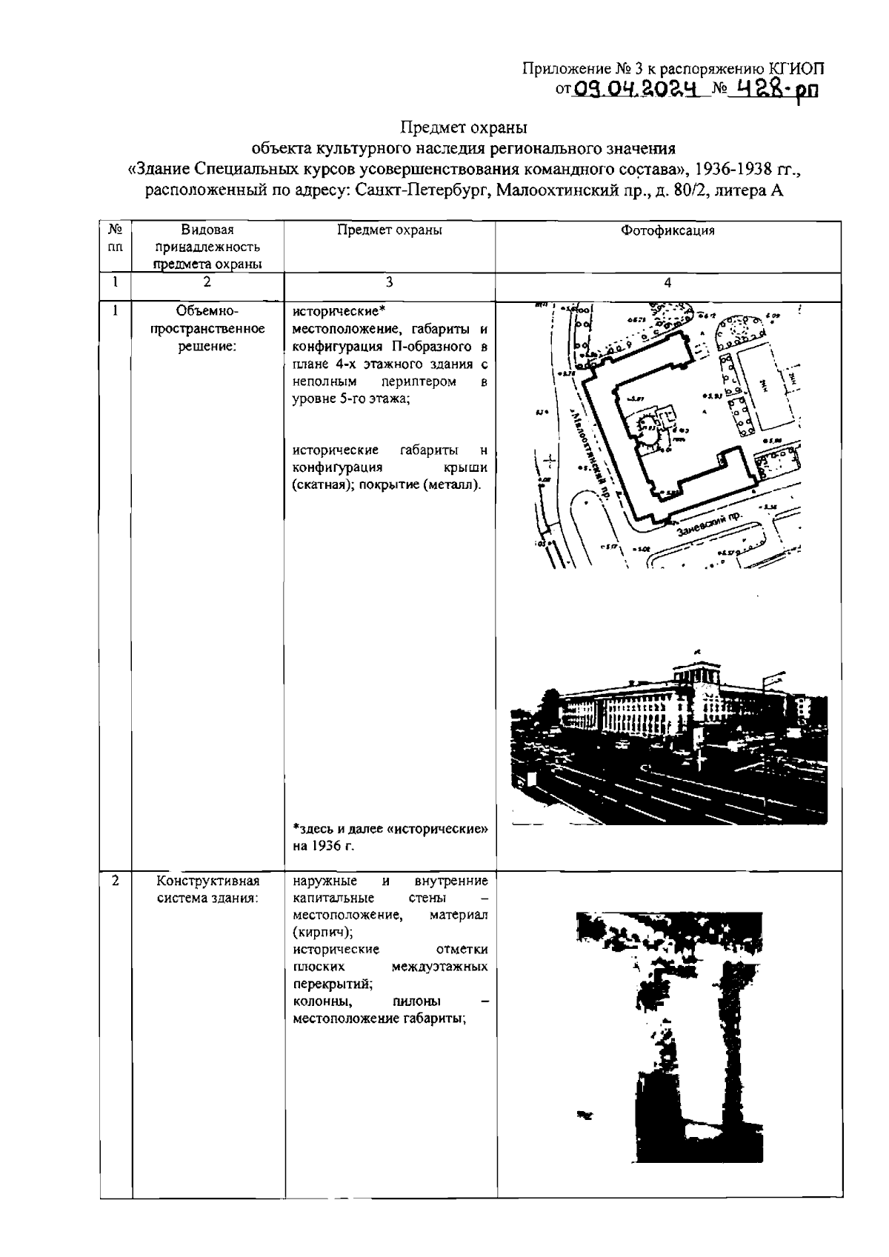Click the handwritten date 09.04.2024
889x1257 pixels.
pyautogui.click(x=636, y=90)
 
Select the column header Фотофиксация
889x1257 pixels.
pyautogui.click(x=667, y=230)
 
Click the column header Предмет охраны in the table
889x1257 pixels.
pyautogui.click(x=390, y=230)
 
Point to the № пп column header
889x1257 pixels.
pyautogui.click(x=116, y=238)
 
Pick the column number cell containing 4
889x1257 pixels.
pyautogui.click(x=667, y=282)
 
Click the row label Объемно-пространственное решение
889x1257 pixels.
pyautogui.click(x=207, y=329)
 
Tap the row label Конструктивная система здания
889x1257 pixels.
pyautogui.click(x=207, y=890)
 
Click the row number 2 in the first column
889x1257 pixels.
pyautogui.click(x=116, y=881)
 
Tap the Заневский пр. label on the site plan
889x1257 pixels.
pyautogui.click(x=708, y=520)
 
